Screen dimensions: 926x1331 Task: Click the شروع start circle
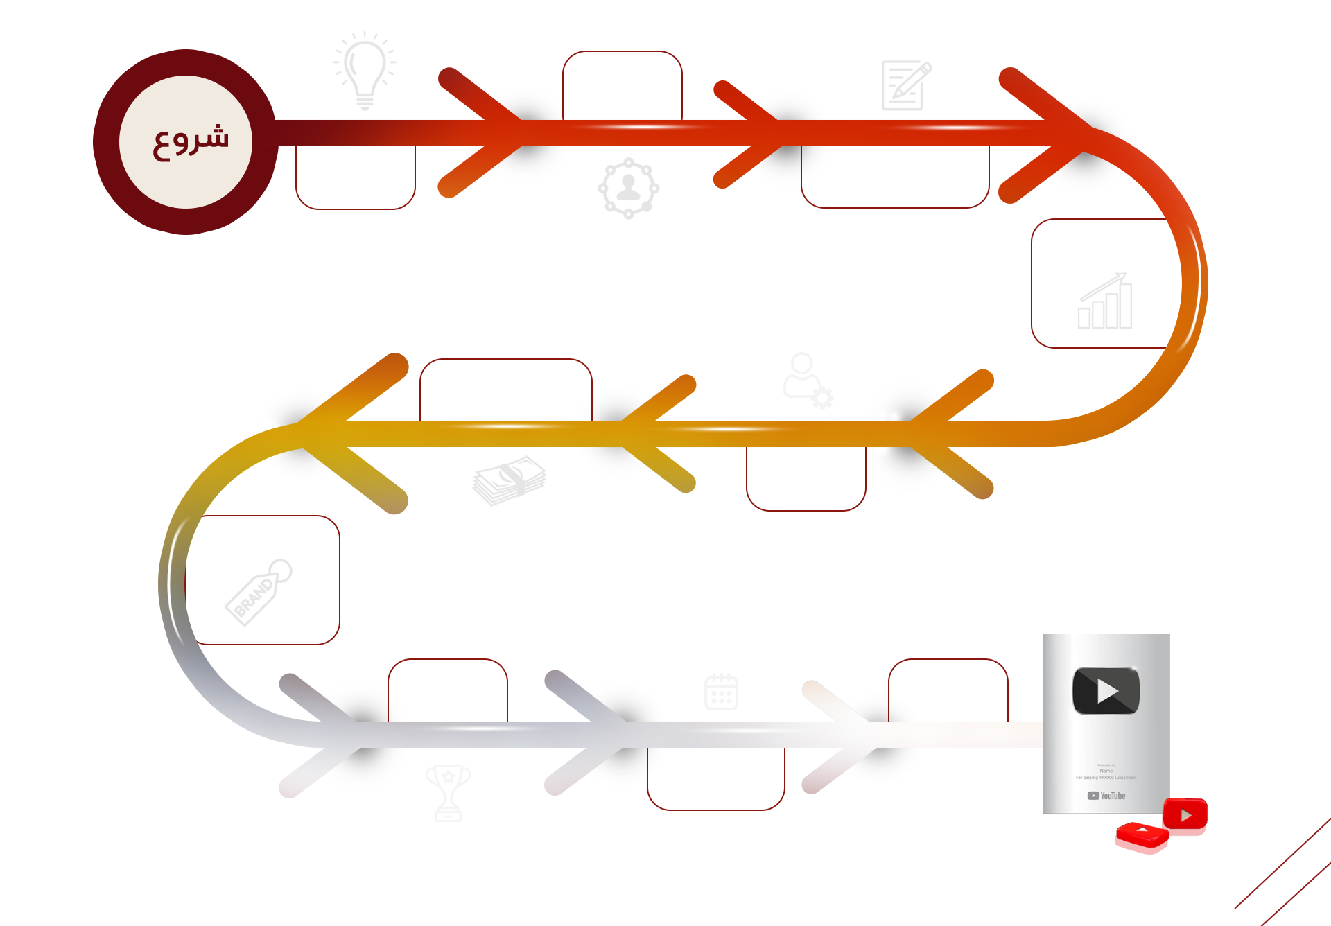pyautogui.click(x=186, y=142)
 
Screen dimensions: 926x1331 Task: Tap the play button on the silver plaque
pyautogui.click(x=1106, y=691)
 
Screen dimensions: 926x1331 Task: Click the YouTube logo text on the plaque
pyautogui.click(x=1107, y=796)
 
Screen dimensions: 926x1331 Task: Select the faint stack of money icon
pyautogui.click(x=510, y=480)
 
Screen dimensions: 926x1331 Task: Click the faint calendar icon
pyautogui.click(x=721, y=692)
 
